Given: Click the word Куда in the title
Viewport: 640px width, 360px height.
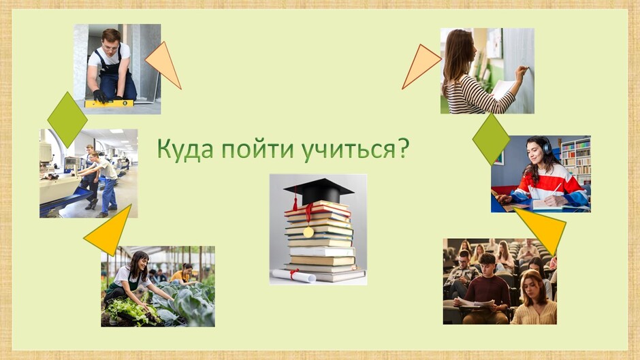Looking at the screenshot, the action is point(185,148).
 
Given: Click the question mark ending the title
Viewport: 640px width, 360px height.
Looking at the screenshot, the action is point(402,148).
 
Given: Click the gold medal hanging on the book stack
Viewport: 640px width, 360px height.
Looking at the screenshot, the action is point(308,232).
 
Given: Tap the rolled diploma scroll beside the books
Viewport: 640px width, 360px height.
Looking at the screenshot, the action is point(294,276).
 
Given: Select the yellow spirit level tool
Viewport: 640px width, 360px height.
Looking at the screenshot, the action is point(109,103).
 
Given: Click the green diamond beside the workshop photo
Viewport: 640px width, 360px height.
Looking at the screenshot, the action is point(67,120).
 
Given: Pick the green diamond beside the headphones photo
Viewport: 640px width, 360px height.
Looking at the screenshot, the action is point(491,140).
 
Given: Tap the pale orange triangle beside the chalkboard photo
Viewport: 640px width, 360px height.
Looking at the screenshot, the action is point(421,65).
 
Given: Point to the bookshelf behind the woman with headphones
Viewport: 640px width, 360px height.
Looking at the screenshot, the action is point(576,160).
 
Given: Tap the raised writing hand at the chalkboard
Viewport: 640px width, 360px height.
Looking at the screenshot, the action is point(522,73).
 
